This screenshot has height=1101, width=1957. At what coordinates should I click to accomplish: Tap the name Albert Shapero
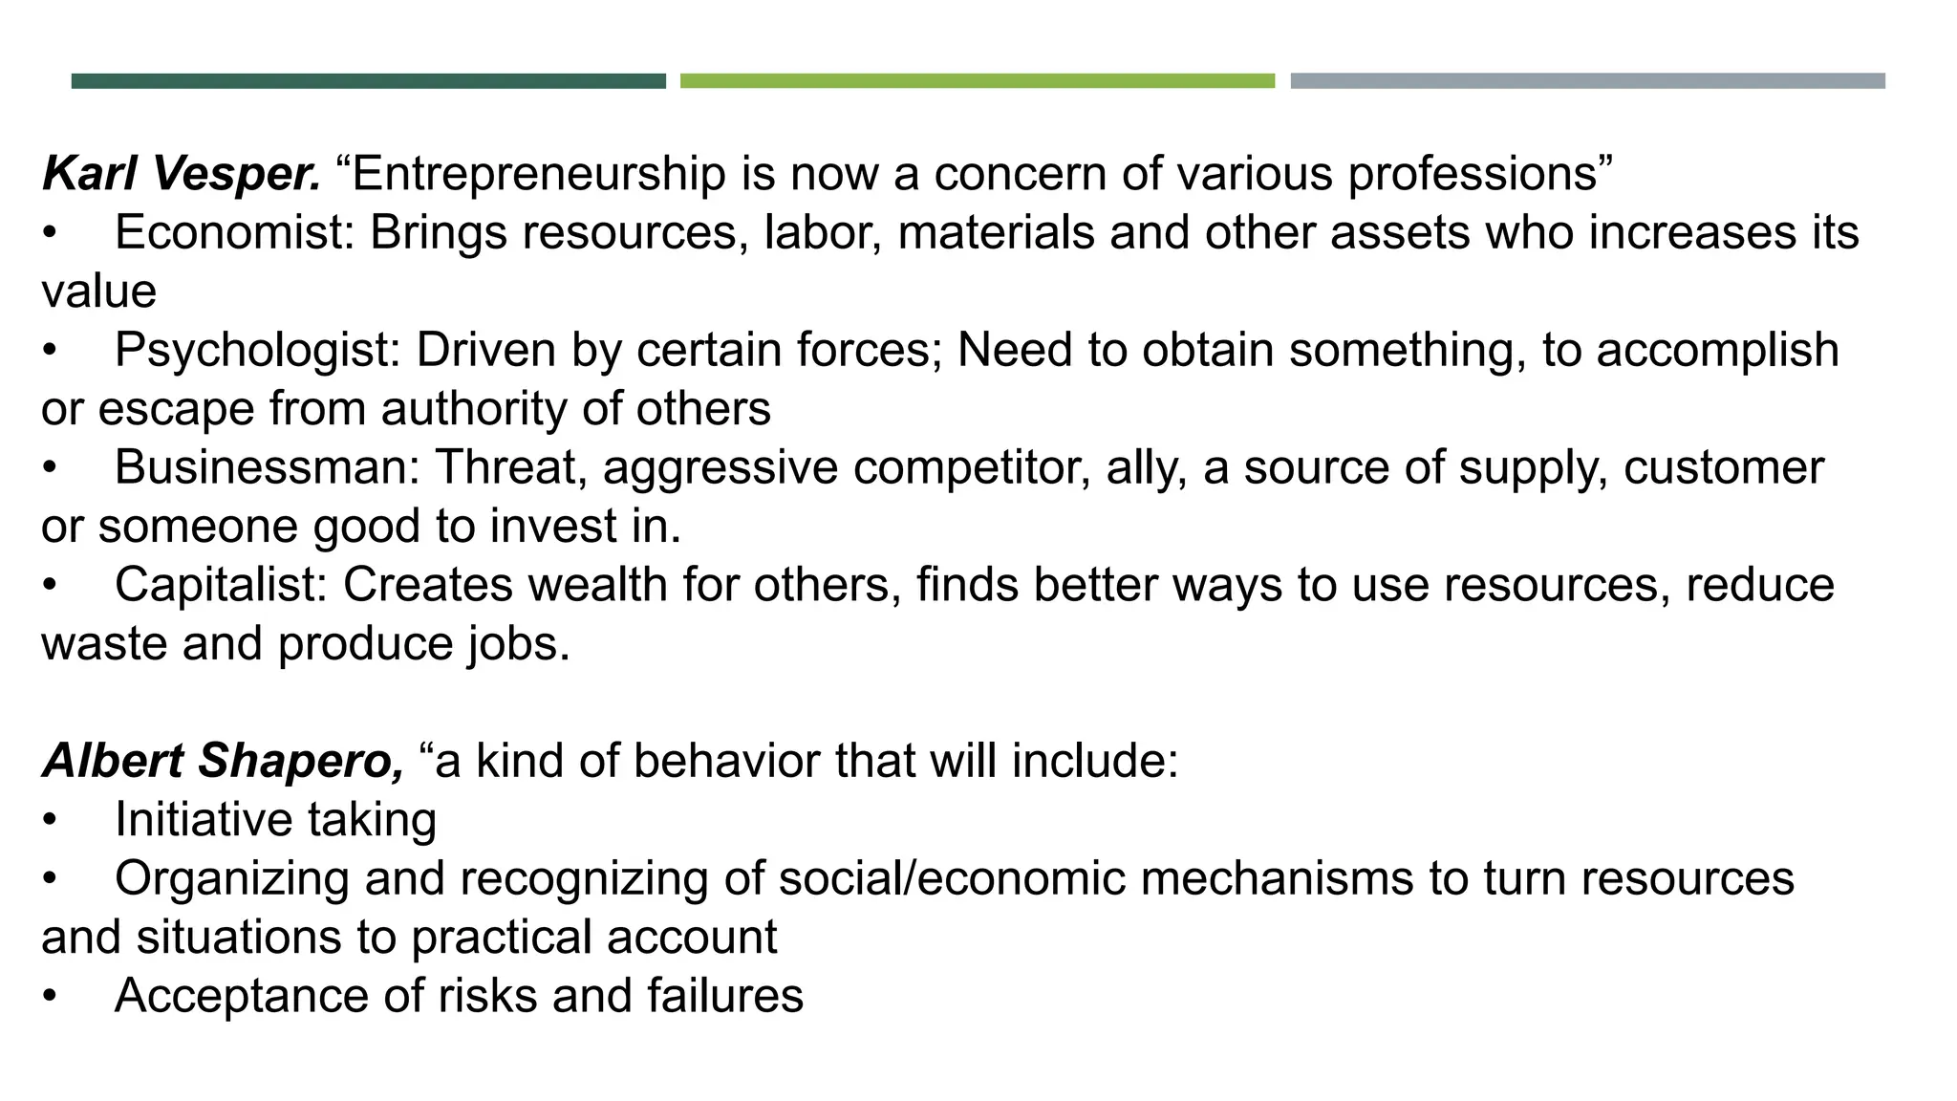pyautogui.click(x=223, y=762)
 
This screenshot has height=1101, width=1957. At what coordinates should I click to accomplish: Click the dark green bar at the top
pyautogui.click(x=368, y=81)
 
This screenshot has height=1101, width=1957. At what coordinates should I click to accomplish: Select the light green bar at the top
pyautogui.click(x=977, y=81)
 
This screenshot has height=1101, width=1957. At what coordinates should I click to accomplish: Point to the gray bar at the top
pyautogui.click(x=1587, y=81)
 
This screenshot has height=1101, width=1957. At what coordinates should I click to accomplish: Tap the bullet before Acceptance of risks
pyautogui.click(x=50, y=997)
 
